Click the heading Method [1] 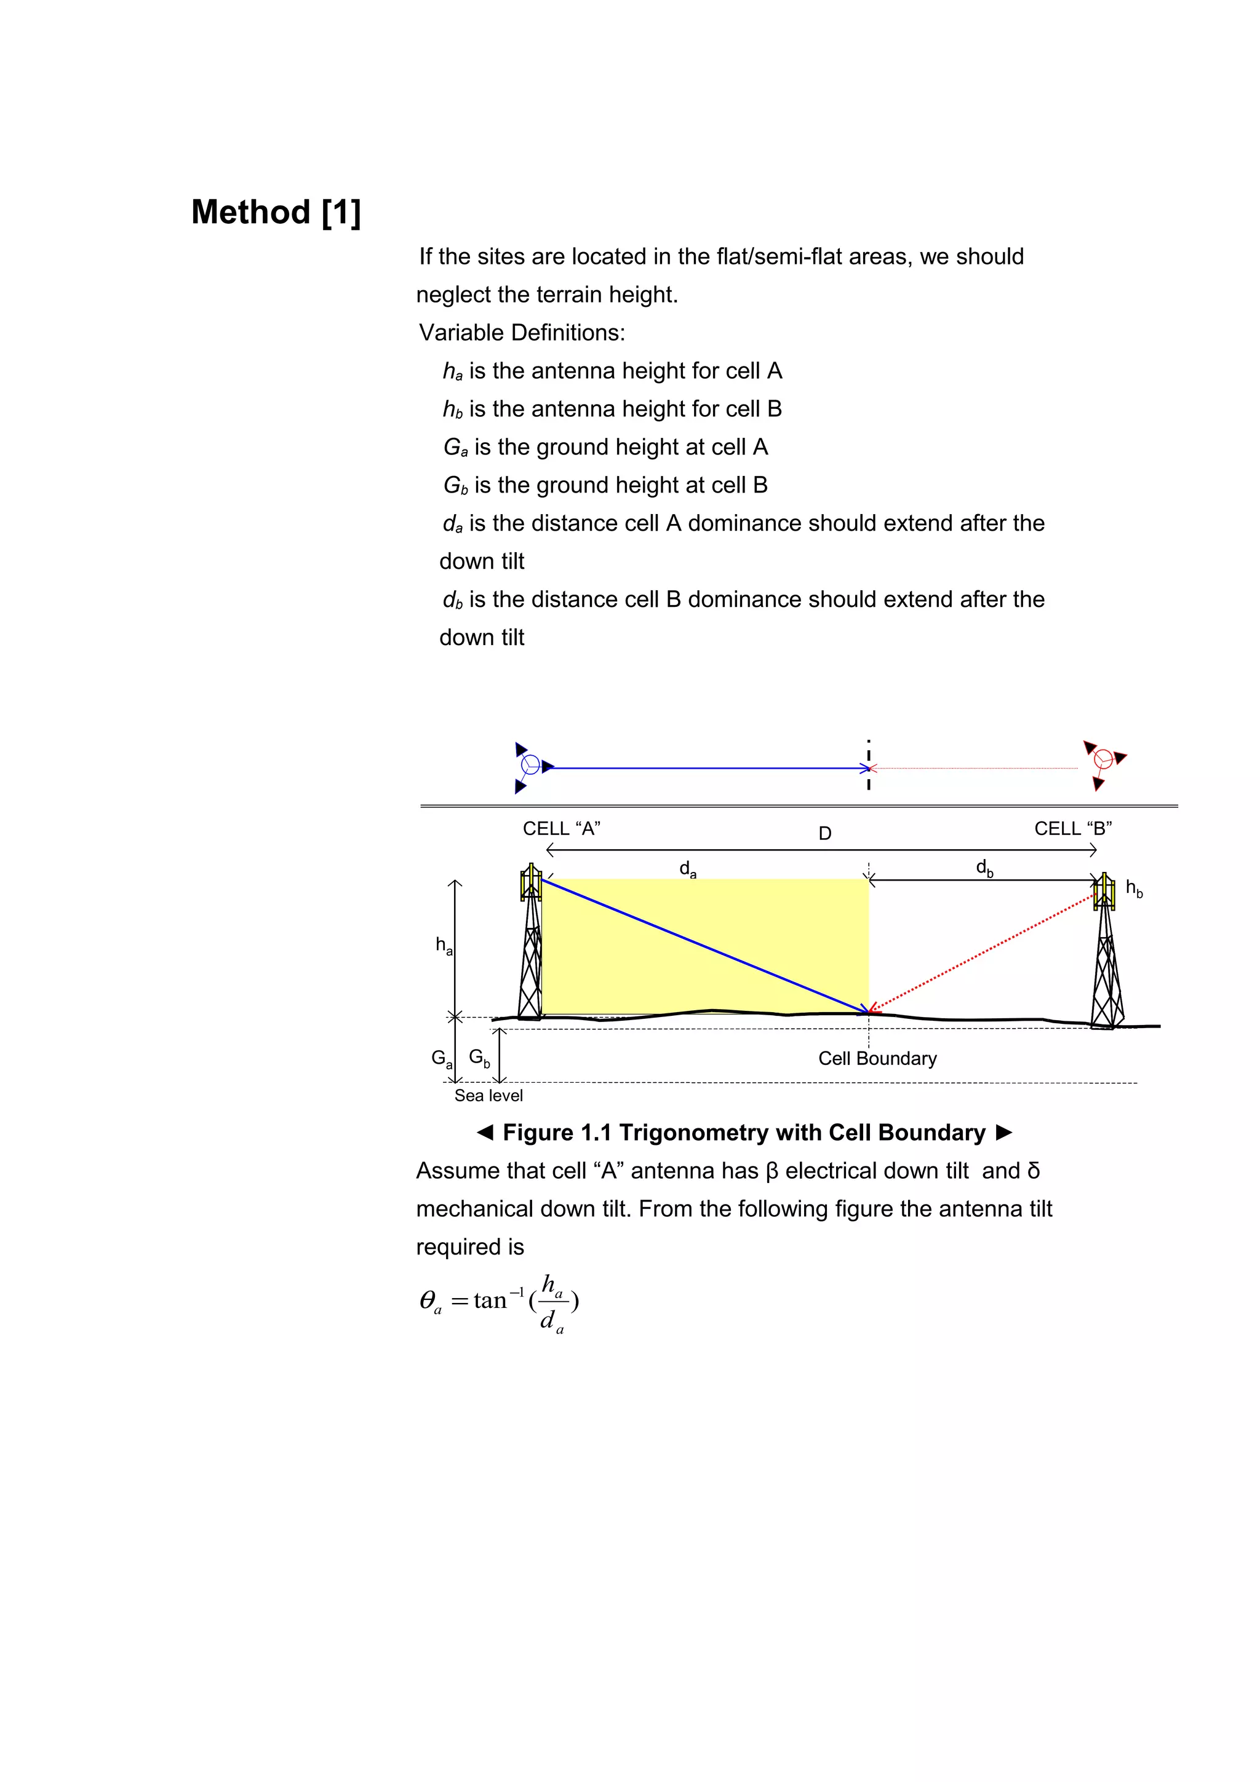click(276, 212)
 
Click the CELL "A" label click(561, 828)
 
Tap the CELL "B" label click(1072, 828)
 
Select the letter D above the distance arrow click(824, 834)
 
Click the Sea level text click(488, 1095)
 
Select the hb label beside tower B click(1133, 889)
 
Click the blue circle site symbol click(530, 764)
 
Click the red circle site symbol click(1102, 759)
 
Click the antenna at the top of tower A click(531, 882)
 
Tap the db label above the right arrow click(984, 868)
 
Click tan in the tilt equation click(490, 1300)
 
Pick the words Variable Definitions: click(522, 332)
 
